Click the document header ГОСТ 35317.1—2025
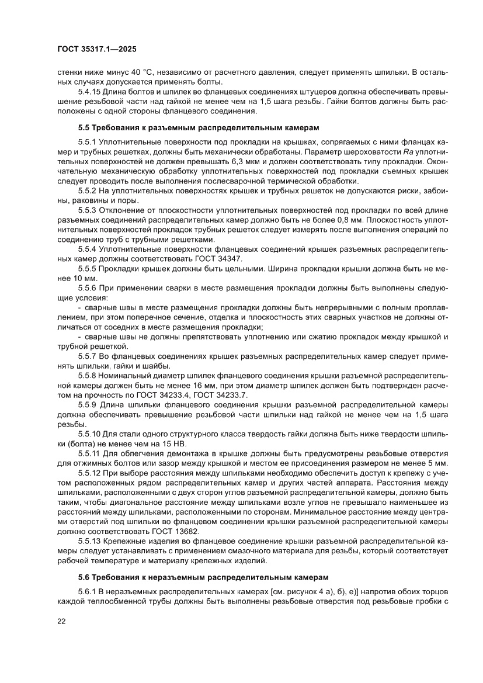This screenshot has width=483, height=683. click(98, 50)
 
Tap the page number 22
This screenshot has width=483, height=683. click(61, 621)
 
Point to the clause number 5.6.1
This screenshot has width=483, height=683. click(88, 591)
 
